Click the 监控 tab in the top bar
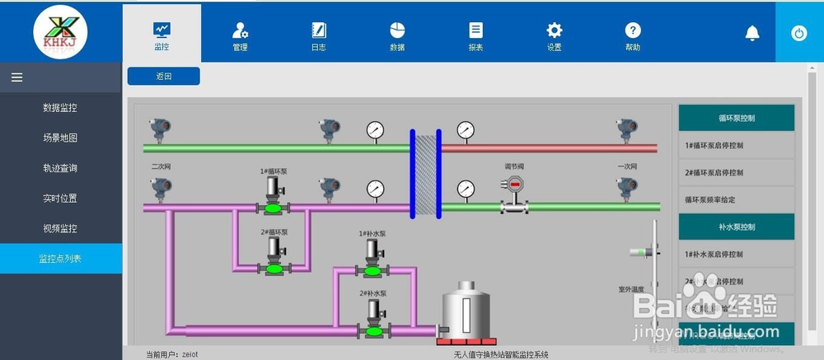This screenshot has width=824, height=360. click(162, 34)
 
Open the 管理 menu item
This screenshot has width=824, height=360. click(240, 34)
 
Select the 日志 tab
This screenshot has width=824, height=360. click(318, 34)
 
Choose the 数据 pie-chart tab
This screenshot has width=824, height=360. click(397, 34)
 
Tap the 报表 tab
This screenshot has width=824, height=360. click(475, 34)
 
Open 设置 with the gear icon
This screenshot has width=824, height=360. click(555, 34)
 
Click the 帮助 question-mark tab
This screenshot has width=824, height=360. click(633, 34)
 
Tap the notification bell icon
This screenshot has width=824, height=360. click(752, 33)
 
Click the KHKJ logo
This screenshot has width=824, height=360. click(60, 31)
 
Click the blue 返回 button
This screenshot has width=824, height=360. click(163, 77)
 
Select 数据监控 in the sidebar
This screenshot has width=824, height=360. click(60, 108)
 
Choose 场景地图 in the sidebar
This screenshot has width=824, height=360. click(60, 138)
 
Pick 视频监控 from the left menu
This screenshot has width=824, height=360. click(60, 228)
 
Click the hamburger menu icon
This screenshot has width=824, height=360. click(16, 77)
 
